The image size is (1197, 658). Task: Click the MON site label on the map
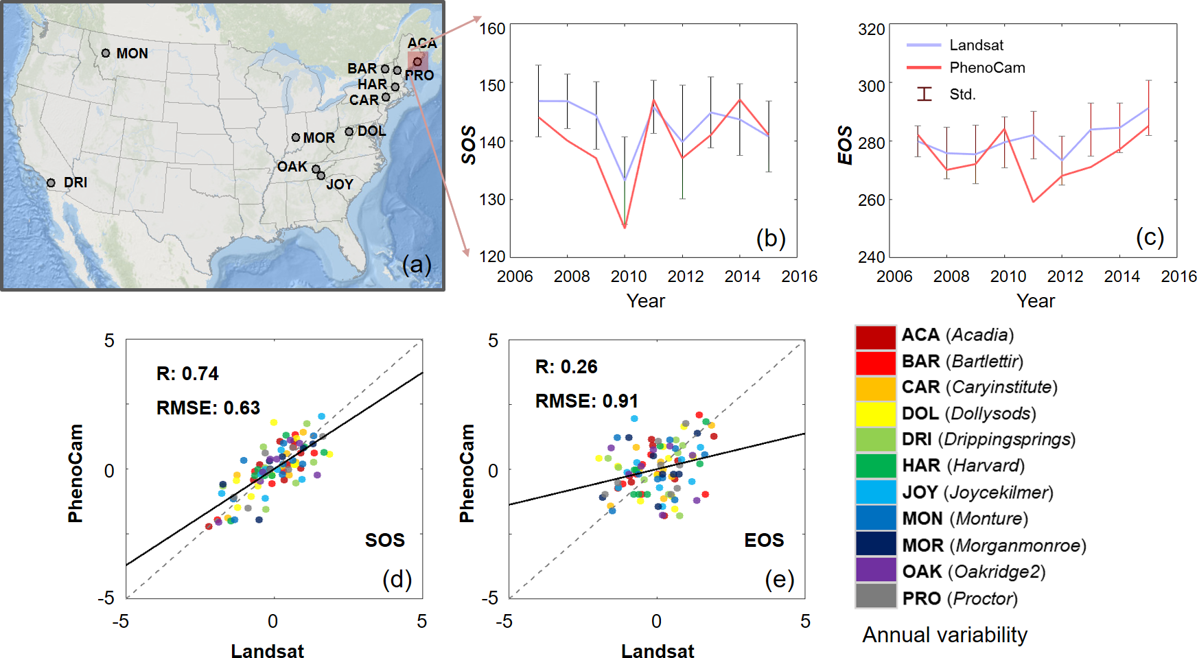point(132,54)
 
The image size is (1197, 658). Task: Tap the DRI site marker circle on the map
point(51,183)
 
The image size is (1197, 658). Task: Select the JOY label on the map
point(340,185)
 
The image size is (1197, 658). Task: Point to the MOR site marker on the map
point(296,137)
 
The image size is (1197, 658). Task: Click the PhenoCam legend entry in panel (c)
point(987,68)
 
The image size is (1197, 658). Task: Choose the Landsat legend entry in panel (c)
point(976,45)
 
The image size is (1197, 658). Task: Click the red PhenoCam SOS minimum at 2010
point(625,227)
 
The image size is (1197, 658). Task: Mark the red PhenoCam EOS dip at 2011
point(1034,201)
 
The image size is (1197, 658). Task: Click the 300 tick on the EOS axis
point(871,86)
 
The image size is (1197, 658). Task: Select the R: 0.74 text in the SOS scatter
point(187,374)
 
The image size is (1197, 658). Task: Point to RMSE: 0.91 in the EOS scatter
point(586,401)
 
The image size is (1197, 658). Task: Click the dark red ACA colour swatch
point(875,337)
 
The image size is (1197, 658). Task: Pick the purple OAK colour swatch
point(875,570)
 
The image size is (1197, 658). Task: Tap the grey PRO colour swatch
point(875,596)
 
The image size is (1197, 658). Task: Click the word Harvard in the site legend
point(986,466)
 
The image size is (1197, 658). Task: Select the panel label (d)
point(397,580)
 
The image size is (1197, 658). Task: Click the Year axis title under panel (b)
point(645,301)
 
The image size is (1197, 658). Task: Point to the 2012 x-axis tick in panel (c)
point(1065,277)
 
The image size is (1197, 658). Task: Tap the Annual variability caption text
point(944,635)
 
